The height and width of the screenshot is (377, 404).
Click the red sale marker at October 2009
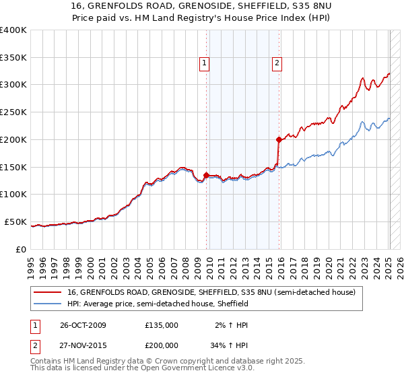point(206,175)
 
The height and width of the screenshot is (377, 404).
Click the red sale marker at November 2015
point(279,139)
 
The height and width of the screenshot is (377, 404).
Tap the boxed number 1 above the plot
point(204,63)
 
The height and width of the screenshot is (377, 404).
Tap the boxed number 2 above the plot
point(277,63)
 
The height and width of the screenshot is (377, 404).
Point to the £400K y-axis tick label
point(13,30)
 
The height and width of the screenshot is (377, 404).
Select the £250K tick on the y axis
point(13,112)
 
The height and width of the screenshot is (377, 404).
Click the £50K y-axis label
point(15,221)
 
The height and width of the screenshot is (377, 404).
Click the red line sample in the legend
point(48,292)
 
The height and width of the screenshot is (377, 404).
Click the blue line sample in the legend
point(48,304)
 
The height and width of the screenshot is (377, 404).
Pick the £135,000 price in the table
point(162,325)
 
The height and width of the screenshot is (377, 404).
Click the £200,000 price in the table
point(162,345)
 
